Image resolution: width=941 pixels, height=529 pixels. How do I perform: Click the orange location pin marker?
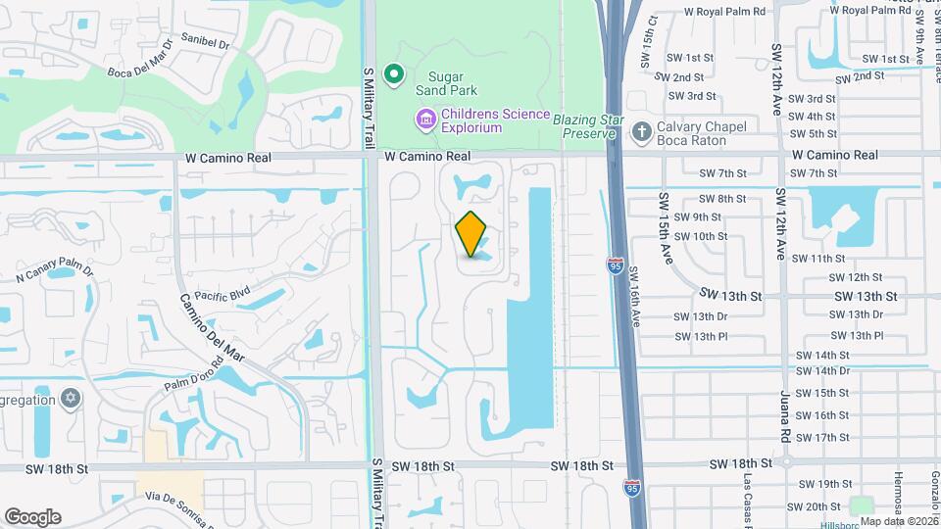[471, 234]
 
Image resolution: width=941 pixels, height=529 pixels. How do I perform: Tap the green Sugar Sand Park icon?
[394, 74]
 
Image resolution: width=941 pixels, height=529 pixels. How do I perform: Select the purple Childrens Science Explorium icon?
[426, 120]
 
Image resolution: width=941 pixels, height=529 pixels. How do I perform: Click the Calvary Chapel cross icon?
[641, 133]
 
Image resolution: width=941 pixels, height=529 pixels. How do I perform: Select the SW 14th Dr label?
[823, 371]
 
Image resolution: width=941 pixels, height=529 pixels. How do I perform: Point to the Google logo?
[32, 516]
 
